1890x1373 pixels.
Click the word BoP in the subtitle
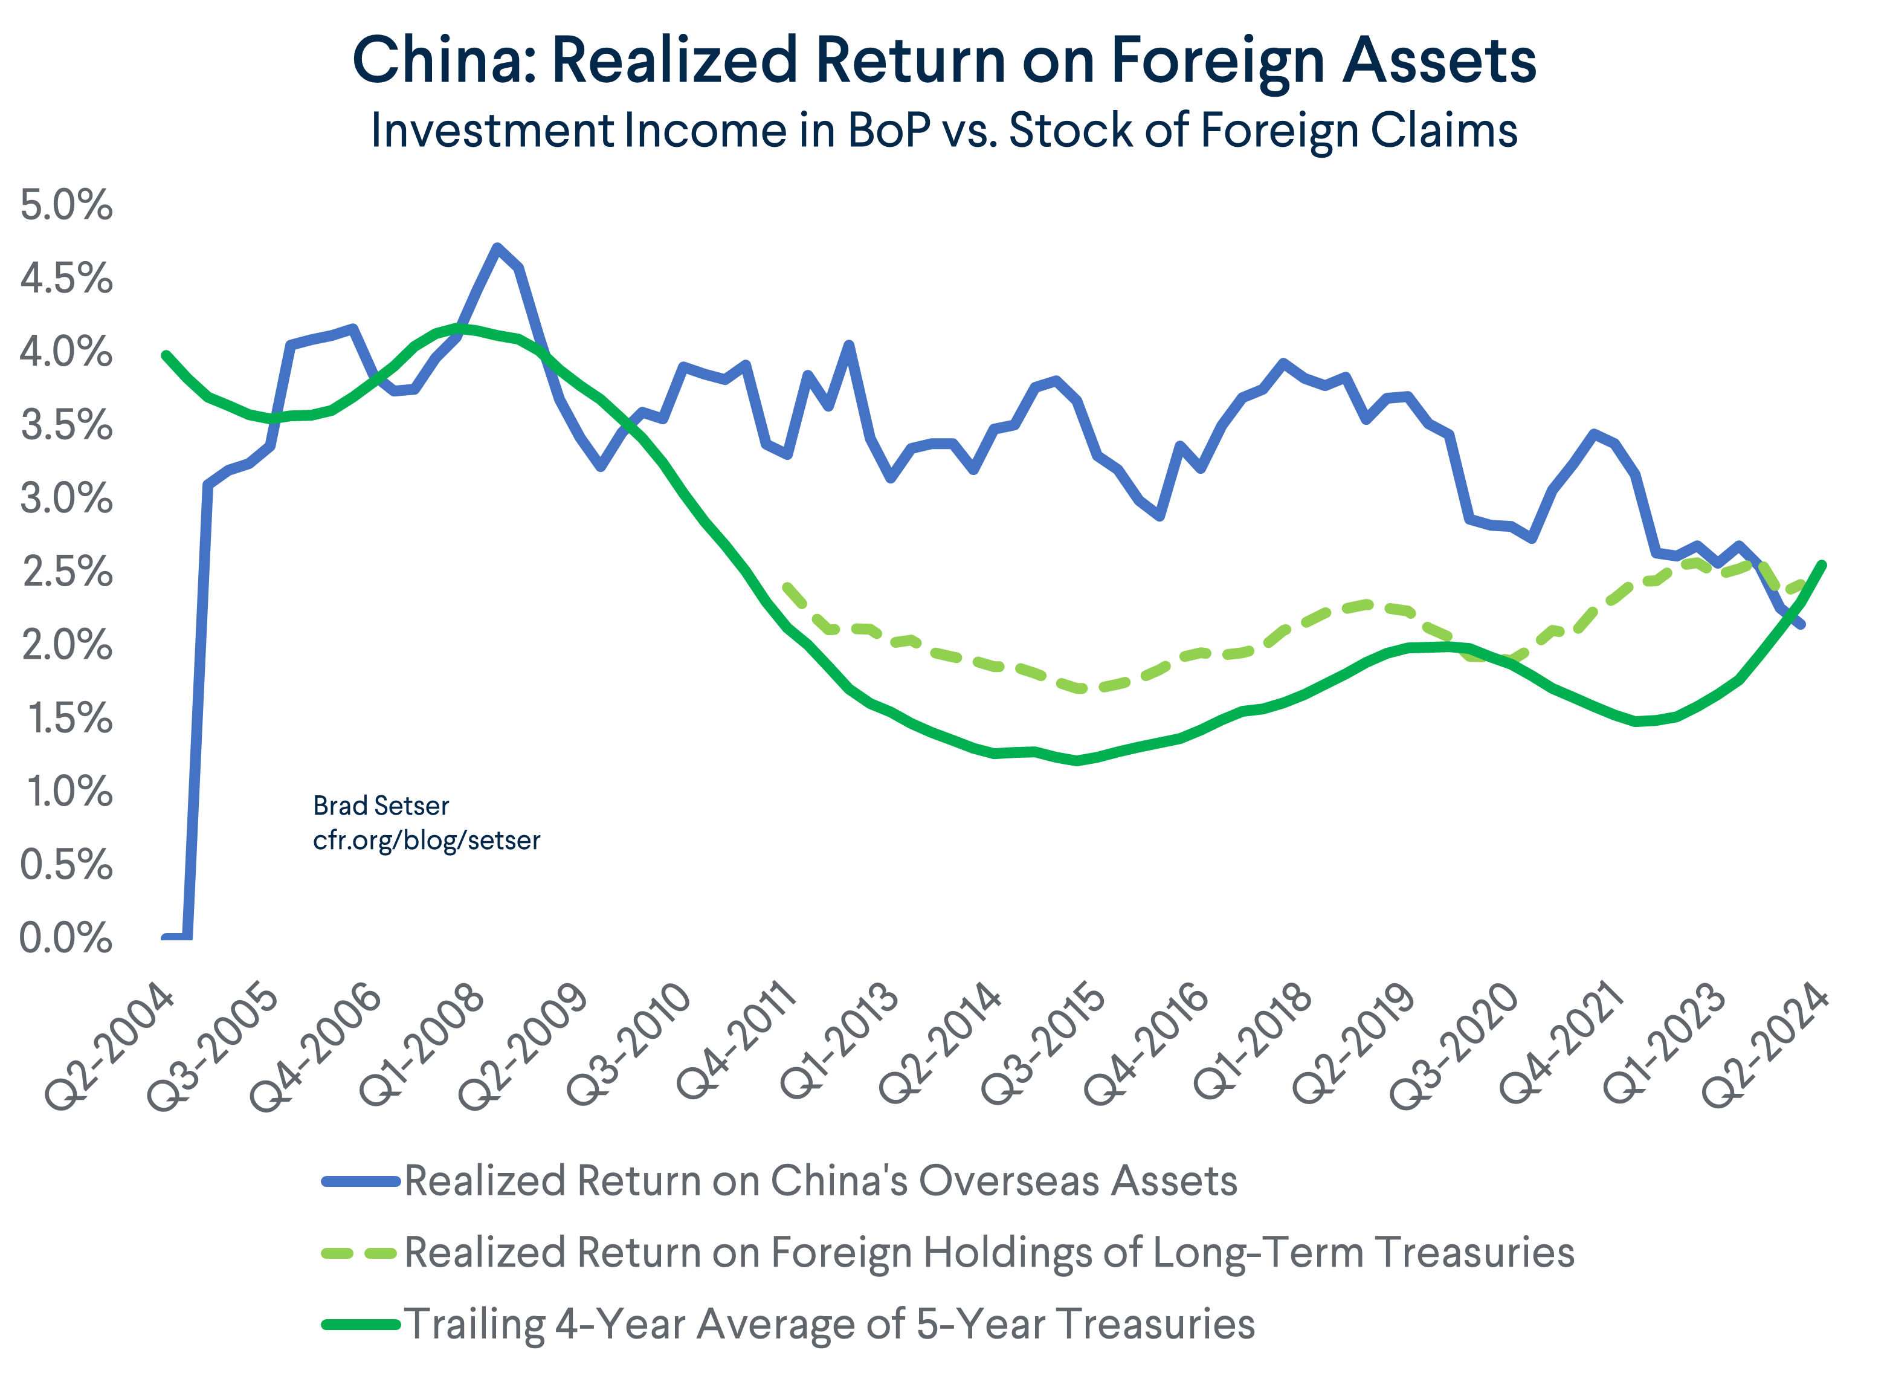coord(888,131)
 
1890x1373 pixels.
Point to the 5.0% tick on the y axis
coord(66,205)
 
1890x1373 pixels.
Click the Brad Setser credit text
coord(381,806)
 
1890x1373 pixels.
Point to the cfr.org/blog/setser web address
coord(426,841)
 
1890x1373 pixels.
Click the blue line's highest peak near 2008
coord(497,248)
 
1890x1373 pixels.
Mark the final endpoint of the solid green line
coord(1822,565)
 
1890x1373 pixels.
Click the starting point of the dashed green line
coord(786,586)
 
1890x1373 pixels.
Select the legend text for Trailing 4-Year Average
coord(829,1324)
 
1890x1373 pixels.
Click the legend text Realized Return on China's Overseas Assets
coord(821,1181)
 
